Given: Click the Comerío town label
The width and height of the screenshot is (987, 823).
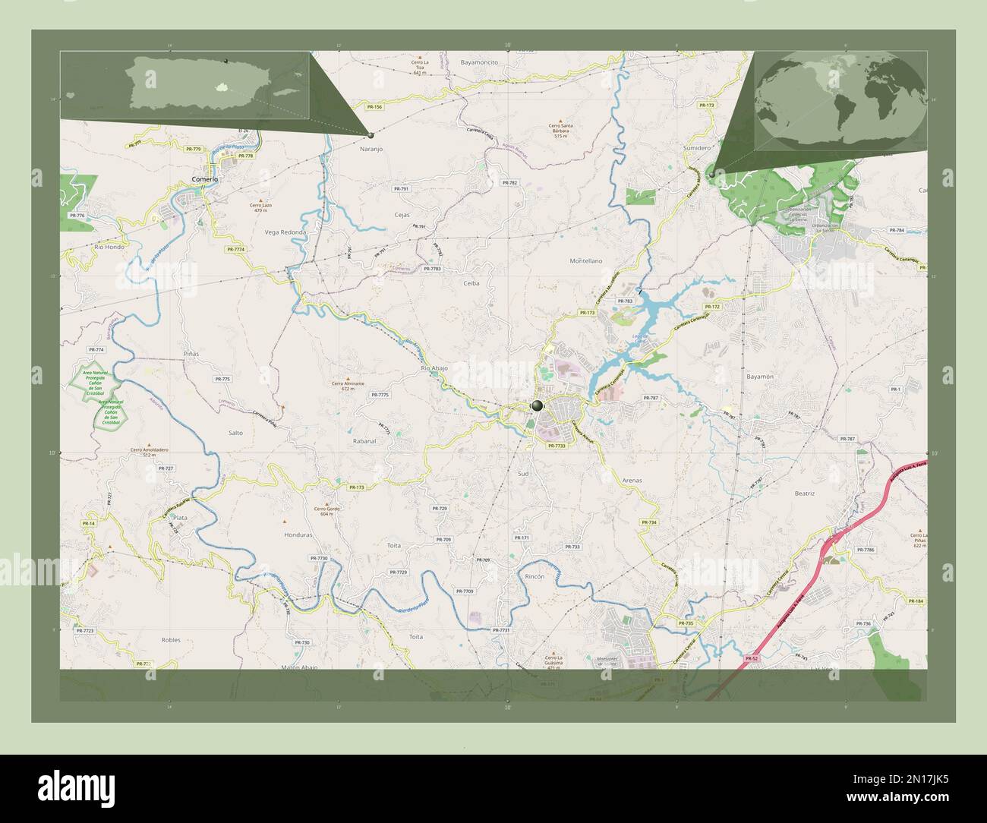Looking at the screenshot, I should tap(205, 179).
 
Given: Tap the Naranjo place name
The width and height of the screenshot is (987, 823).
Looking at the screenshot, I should tap(371, 150).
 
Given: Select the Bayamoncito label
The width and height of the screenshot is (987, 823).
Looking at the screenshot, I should tap(479, 61).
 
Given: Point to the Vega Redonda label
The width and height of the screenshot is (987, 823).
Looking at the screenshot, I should tap(285, 232).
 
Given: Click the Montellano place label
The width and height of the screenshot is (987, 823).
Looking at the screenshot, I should tap(585, 260).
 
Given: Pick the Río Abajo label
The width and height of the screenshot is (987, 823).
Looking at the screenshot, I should tap(434, 368).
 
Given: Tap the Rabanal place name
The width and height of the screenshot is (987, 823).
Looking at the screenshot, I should tap(364, 440).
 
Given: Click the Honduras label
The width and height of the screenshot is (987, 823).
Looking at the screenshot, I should tap(298, 534).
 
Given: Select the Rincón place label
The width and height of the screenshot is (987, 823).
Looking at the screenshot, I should tap(534, 577).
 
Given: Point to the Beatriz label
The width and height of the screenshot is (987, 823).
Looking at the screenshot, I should tap(804, 493).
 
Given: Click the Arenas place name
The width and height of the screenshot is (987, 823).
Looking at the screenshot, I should tap(632, 481).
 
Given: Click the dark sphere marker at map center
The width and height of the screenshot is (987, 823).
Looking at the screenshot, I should tap(538, 406).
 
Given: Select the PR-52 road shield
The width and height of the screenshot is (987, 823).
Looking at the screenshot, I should tap(751, 658).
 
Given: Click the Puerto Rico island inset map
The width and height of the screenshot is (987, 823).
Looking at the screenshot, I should tap(185, 85).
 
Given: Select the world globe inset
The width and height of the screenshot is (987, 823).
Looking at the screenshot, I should tap(840, 99).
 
